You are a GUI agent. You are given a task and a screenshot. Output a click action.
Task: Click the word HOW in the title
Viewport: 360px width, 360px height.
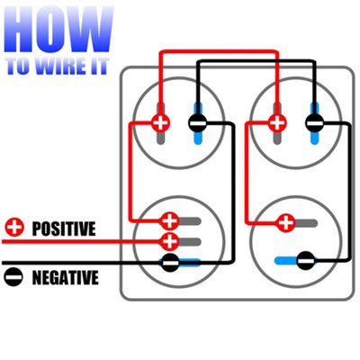pos(58,30)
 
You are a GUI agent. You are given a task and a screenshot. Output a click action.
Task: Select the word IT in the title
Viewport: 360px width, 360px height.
pos(98,66)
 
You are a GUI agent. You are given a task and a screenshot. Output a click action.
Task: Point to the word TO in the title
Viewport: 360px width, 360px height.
pos(18,66)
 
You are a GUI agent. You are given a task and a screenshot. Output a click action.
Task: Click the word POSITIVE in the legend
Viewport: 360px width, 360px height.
pos(64,229)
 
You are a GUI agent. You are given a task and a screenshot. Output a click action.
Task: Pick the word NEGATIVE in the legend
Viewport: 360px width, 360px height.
pos(65,277)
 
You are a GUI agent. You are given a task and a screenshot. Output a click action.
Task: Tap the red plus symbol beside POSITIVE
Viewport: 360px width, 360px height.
pos(14,227)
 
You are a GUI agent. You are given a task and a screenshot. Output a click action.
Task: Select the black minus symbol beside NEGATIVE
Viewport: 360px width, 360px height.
pos(13,276)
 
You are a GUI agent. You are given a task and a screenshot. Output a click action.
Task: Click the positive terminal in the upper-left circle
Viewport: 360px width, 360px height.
pos(160,122)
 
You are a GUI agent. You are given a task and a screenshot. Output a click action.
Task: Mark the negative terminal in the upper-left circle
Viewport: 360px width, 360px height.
pos(198,122)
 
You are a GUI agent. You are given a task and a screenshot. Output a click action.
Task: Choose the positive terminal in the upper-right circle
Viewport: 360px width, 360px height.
pos(277,122)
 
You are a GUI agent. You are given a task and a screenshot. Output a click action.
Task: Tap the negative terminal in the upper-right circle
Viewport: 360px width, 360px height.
pos(314,122)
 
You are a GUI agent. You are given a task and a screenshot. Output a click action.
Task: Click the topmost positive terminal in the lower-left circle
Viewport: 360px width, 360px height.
pos(170,221)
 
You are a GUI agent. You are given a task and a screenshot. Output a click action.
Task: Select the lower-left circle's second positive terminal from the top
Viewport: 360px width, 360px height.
pos(170,241)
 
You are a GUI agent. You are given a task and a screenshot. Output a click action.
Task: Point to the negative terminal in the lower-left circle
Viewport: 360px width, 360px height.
pos(170,263)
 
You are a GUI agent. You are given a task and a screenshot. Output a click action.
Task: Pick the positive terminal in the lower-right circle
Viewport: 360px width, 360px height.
pos(286,223)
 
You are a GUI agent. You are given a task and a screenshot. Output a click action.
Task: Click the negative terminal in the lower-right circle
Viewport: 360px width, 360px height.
pos(306,260)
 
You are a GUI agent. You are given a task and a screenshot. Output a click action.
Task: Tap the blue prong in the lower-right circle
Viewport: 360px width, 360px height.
pos(286,260)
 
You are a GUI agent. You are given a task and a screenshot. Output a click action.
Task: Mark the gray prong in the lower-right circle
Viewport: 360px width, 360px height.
pos(306,223)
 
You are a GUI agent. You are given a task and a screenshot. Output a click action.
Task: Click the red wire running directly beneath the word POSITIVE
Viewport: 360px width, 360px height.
pos(82,241)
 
